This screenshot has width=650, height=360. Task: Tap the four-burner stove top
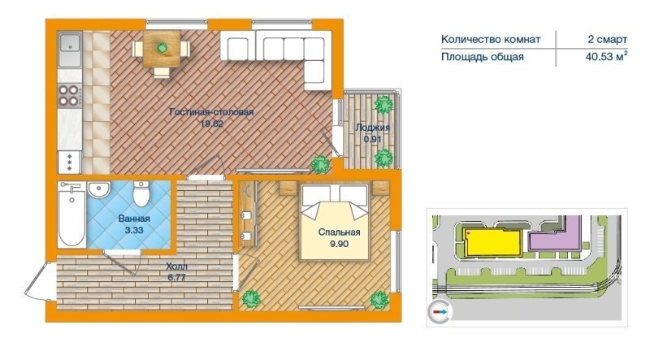pyautogui.click(x=70, y=95)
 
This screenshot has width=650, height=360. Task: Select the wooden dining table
pyautogui.click(x=161, y=49)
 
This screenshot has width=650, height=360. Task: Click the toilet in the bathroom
pyautogui.click(x=141, y=193)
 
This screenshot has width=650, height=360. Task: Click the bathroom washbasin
pyautogui.click(x=98, y=189)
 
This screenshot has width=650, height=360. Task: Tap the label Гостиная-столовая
pyautogui.click(x=211, y=112)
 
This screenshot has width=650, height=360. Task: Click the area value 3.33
pyautogui.click(x=134, y=230)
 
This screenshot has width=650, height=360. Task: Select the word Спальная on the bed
pyautogui.click(x=339, y=232)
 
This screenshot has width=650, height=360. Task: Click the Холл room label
pyautogui.click(x=176, y=267)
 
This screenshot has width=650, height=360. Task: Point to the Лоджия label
pyautogui.click(x=372, y=128)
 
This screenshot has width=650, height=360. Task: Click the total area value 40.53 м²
pyautogui.click(x=605, y=57)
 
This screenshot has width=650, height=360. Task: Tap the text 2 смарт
pyautogui.click(x=607, y=39)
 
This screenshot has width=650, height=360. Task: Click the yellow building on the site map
pyautogui.click(x=492, y=242)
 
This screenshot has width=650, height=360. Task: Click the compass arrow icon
pyautogui.click(x=440, y=311)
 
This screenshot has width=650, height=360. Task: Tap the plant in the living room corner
pyautogui.click(x=321, y=164)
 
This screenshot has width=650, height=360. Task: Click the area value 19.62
pyautogui.click(x=211, y=124)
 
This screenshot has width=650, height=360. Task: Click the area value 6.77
pyautogui.click(x=176, y=277)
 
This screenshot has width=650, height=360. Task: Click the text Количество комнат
pyautogui.click(x=491, y=39)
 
